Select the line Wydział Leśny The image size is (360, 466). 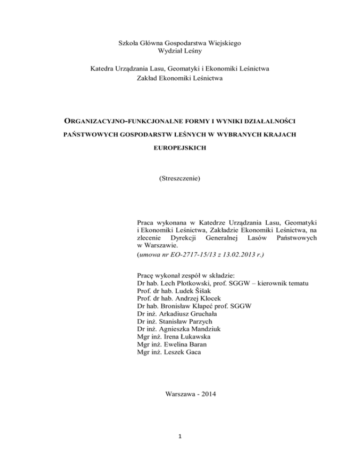(180, 52)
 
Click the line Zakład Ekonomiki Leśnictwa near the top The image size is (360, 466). (180, 79)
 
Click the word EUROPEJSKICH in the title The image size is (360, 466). (180, 153)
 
